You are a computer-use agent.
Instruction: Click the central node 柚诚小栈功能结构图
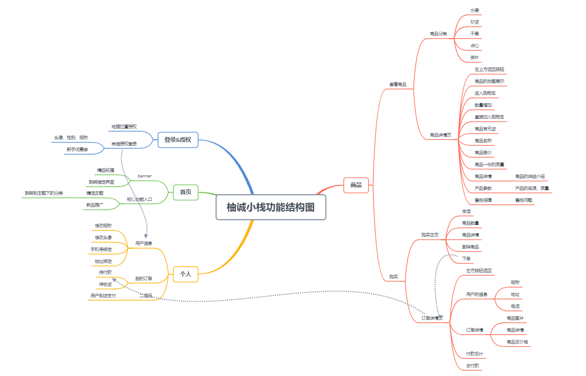click(x=271, y=207)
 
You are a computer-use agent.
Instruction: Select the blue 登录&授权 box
click(x=178, y=140)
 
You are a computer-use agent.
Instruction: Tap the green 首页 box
click(x=186, y=192)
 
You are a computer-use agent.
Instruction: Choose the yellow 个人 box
click(x=186, y=274)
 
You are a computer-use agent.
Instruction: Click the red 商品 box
click(x=356, y=185)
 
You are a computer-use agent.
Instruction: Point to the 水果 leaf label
click(x=475, y=10)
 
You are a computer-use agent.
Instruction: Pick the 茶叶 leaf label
click(x=475, y=58)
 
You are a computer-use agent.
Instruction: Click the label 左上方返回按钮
click(x=489, y=70)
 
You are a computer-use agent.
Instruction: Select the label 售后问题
click(x=523, y=200)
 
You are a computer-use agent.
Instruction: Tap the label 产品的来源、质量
click(x=532, y=188)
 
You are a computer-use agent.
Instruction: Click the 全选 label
click(x=466, y=211)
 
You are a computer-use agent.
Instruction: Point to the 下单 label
click(x=466, y=258)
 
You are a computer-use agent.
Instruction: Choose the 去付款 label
click(x=472, y=365)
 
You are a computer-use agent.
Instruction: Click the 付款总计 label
click(x=475, y=354)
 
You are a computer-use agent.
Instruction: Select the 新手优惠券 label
click(x=77, y=150)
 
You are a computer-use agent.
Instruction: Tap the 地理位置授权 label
click(x=124, y=126)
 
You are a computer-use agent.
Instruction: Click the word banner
click(x=144, y=176)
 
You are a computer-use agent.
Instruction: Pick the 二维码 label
click(x=146, y=296)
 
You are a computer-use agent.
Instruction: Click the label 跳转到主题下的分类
click(x=44, y=193)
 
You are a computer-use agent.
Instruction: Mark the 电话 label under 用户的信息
click(x=515, y=306)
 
